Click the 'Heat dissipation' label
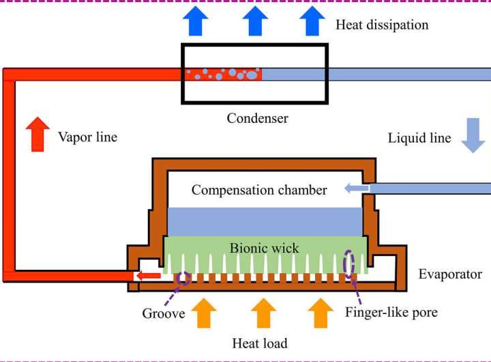pyautogui.click(x=382, y=25)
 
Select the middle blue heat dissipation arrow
pyautogui.click(x=256, y=21)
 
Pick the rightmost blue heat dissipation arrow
pyautogui.click(x=312, y=21)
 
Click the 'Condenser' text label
pyautogui.click(x=257, y=118)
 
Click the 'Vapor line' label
pyautogui.click(x=87, y=137)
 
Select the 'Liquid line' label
pyautogui.click(x=419, y=138)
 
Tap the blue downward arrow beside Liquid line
pyautogui.click(x=472, y=135)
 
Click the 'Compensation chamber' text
pyautogui.click(x=259, y=190)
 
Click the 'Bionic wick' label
pyautogui.click(x=264, y=247)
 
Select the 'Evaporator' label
pyautogui.click(x=450, y=274)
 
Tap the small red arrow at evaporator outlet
pyautogui.click(x=148, y=276)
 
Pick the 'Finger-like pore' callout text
pyautogui.click(x=391, y=313)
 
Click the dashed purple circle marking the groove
pyautogui.click(x=183, y=277)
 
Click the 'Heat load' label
pyautogui.click(x=259, y=343)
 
